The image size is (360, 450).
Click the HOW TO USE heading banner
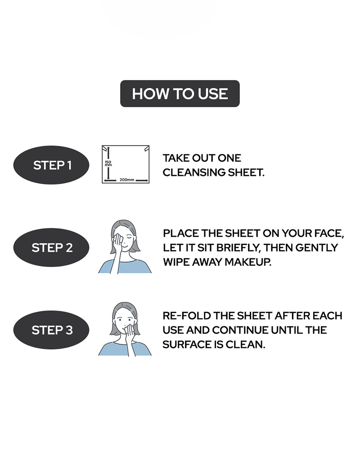tap(180, 94)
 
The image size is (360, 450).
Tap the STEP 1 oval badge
tap(51, 165)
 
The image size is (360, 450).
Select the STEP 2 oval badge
tap(51, 247)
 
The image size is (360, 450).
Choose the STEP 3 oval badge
tap(51, 330)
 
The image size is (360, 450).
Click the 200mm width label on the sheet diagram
tap(126, 180)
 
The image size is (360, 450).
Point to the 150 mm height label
tap(108, 163)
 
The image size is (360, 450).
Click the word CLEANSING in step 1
tap(194, 172)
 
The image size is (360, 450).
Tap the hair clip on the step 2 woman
tap(130, 227)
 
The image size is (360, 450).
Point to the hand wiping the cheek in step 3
tap(130, 333)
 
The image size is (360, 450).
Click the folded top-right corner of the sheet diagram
tap(146, 148)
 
